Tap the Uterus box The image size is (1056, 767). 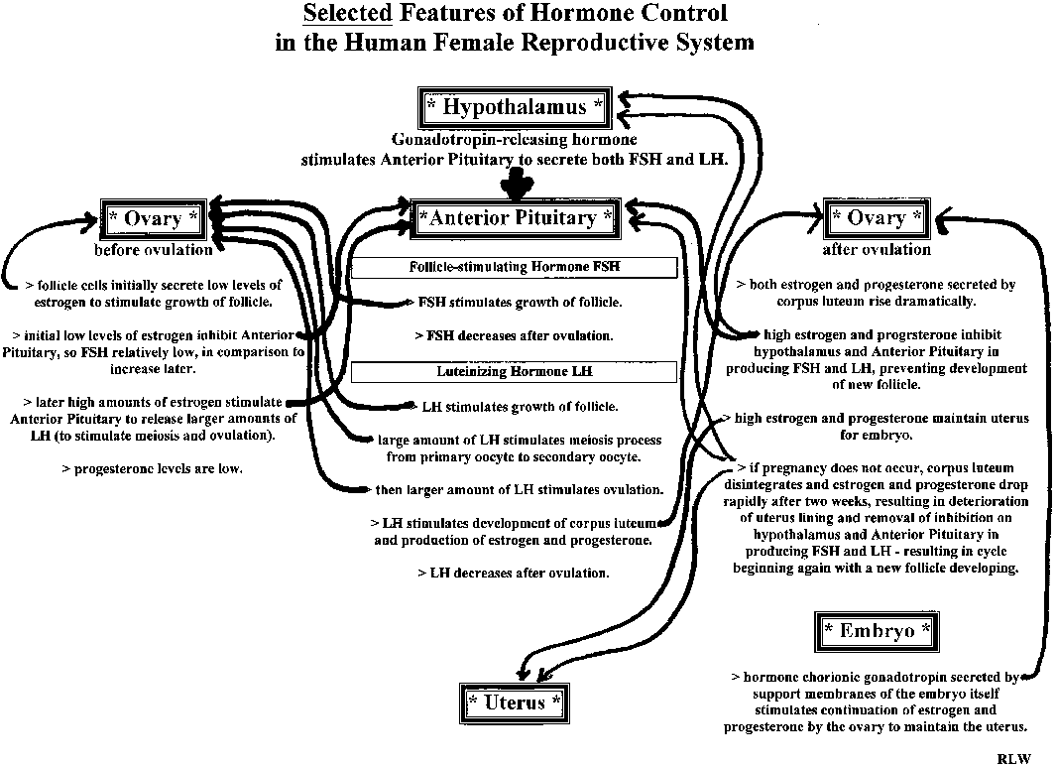(x=515, y=703)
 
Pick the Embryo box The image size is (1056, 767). (x=877, y=630)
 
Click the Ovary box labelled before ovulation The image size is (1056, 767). (x=153, y=218)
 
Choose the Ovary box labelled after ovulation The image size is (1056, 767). (x=876, y=217)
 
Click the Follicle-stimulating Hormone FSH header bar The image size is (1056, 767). (x=515, y=267)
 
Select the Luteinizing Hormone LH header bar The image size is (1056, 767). (x=515, y=371)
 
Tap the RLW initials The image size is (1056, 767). (x=1013, y=758)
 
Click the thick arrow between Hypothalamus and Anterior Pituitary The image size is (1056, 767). (x=516, y=182)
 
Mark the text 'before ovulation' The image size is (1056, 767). (x=154, y=249)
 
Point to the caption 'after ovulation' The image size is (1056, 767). (x=877, y=249)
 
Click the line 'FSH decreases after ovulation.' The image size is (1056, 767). (x=514, y=335)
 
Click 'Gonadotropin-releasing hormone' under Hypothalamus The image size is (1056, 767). (x=515, y=141)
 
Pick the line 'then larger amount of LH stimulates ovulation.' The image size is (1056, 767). (x=519, y=489)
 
